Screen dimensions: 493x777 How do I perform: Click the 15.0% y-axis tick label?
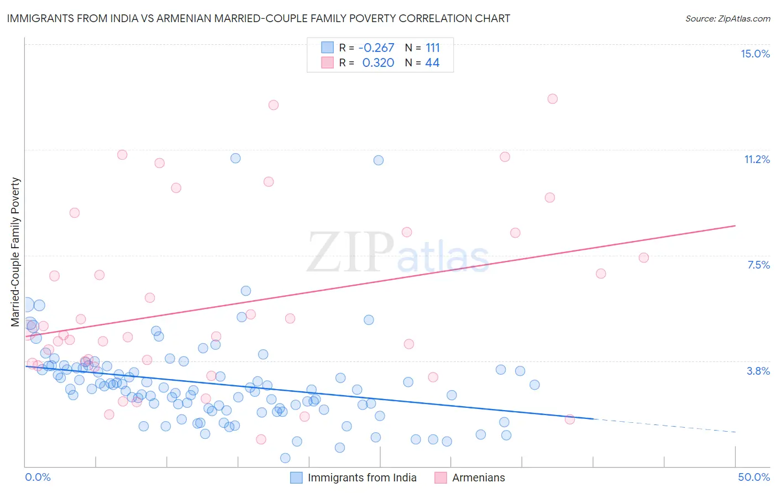(x=755, y=54)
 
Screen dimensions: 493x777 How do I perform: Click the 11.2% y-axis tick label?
(x=757, y=159)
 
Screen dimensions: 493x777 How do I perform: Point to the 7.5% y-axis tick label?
(x=758, y=265)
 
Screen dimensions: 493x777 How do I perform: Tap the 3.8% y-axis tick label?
(x=758, y=371)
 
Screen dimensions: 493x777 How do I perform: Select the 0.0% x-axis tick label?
(x=38, y=477)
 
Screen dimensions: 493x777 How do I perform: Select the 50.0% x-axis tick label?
(x=754, y=477)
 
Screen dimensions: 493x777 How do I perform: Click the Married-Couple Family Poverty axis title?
(x=15, y=252)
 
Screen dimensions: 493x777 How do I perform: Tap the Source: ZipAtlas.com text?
(x=727, y=18)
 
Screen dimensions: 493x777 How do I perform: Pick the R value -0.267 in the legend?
(x=376, y=48)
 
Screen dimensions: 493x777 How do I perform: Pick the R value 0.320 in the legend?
(x=378, y=63)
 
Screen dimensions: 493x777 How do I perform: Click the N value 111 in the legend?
(x=433, y=48)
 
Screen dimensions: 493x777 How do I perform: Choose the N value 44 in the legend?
(x=432, y=63)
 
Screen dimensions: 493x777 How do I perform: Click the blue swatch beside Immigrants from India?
(x=297, y=478)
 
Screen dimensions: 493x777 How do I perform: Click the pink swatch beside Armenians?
(x=440, y=478)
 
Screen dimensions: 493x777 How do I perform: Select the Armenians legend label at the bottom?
(x=479, y=478)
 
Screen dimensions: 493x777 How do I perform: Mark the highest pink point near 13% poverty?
(x=553, y=99)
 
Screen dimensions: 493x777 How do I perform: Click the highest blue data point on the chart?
(x=235, y=158)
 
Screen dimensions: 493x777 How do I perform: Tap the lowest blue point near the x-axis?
(x=285, y=458)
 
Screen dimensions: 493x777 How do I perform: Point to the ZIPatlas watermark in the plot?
(x=398, y=253)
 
